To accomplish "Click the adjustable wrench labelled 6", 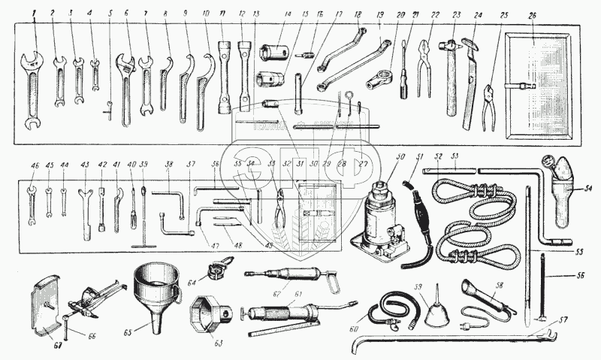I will pos(125,83).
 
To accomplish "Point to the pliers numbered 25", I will pos(488,105).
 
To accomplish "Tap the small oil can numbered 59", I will pos(437,313).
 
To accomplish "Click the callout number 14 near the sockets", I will pos(287,15).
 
